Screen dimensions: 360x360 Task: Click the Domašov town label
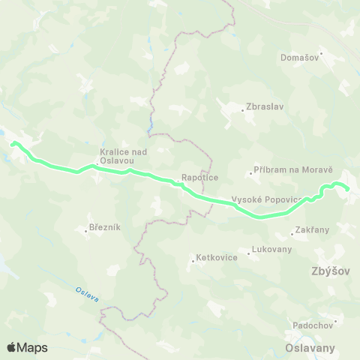pos(300,58)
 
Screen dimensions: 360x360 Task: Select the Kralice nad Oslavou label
pos(116,155)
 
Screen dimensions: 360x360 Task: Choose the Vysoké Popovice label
pos(267,199)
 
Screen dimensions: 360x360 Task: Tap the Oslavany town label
pos(310,348)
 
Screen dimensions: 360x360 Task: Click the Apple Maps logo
pos(26,347)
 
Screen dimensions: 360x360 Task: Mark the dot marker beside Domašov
pos(321,53)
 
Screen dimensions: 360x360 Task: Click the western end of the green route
pos(13,142)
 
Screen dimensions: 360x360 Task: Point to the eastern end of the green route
pos(347,189)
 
